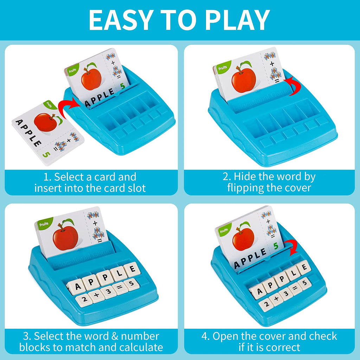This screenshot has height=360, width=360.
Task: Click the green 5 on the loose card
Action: (x=44, y=154)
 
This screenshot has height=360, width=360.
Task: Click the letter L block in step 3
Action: (x=119, y=274)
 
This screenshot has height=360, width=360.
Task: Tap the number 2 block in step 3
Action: (x=84, y=300)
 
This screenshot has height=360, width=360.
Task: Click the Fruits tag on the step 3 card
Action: (x=44, y=223)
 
